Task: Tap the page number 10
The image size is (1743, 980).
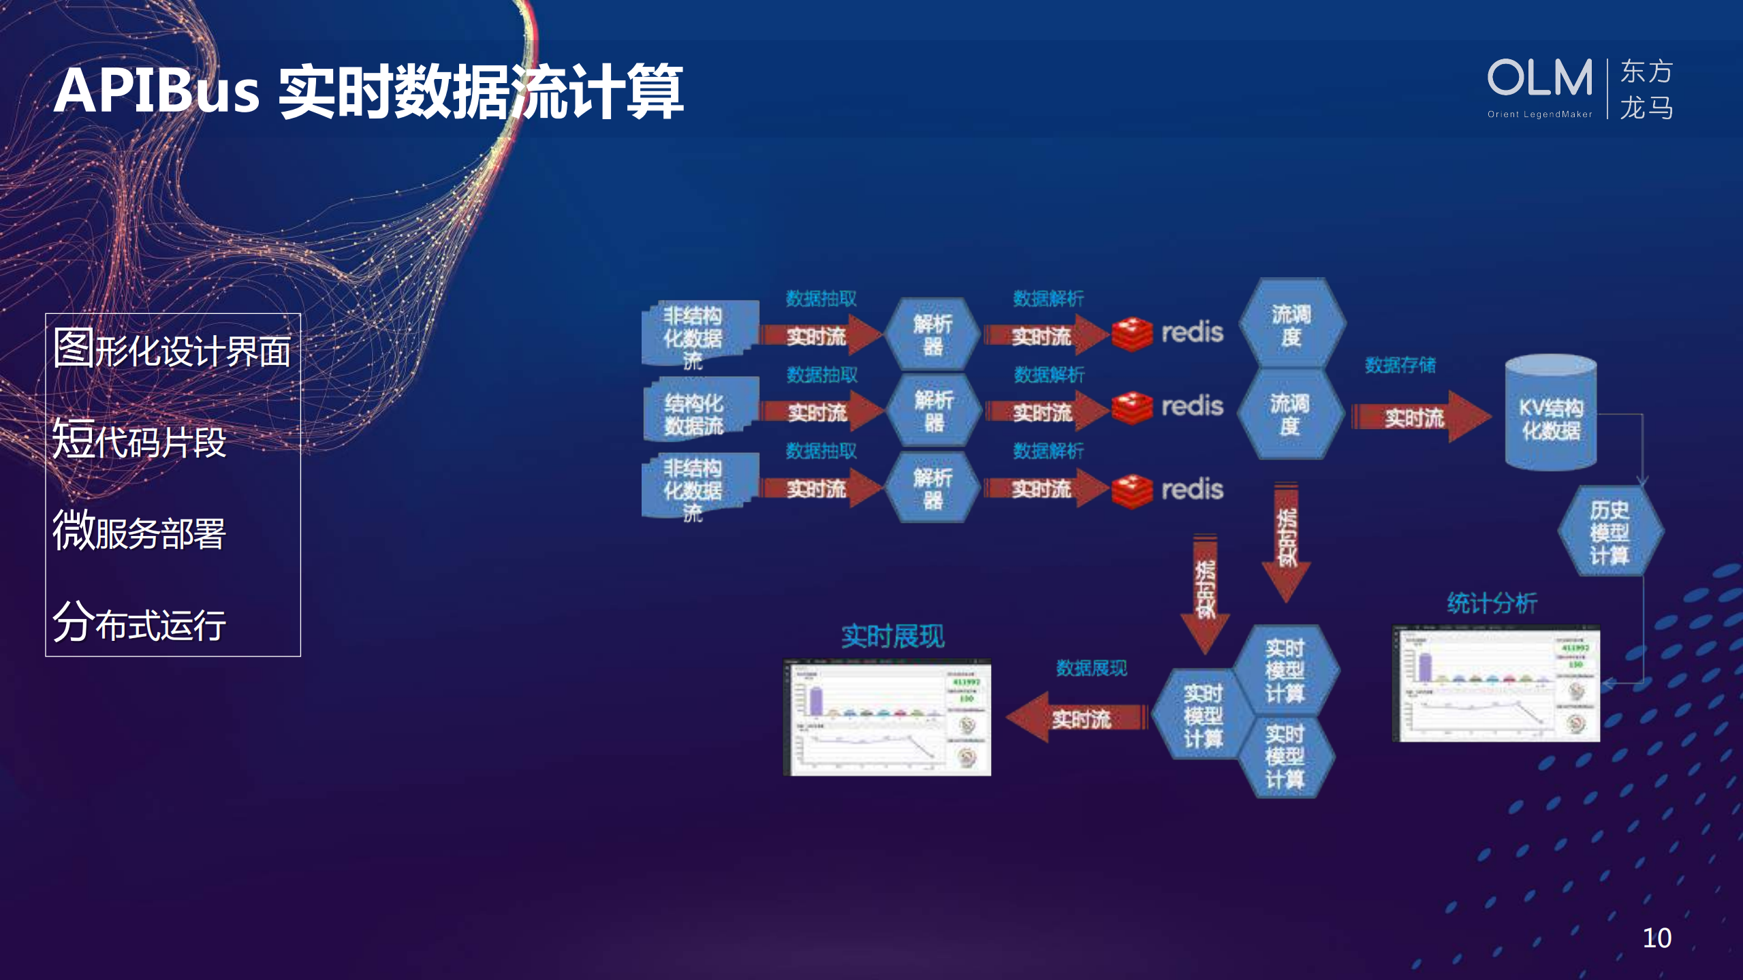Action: coord(1656,938)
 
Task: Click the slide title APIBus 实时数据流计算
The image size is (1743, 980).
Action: coord(368,91)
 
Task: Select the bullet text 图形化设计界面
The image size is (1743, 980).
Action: coord(172,349)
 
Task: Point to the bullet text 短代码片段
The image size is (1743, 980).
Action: coord(139,440)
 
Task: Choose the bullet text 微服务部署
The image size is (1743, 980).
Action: coord(139,531)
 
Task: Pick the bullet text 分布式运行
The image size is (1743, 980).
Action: coord(139,622)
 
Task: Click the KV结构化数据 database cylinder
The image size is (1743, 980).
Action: coord(1550,413)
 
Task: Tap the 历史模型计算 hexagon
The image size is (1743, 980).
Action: coord(1609,532)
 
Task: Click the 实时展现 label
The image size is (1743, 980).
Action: coord(892,636)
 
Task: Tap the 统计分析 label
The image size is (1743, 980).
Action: coord(1492,603)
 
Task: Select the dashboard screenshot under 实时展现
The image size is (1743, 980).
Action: coord(887,717)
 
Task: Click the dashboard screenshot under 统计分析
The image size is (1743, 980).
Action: coord(1496,683)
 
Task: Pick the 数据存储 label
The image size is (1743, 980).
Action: coord(1400,365)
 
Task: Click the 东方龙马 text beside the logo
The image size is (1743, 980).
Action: coord(1646,89)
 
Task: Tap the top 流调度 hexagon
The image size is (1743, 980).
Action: coord(1291,324)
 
